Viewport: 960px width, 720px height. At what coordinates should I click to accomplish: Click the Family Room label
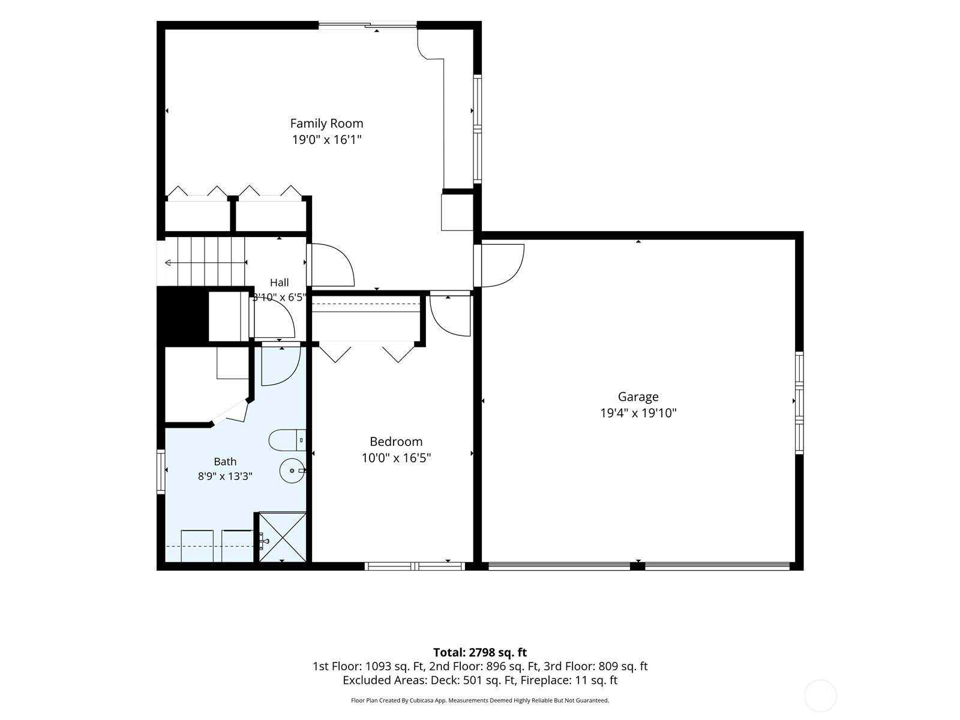327,123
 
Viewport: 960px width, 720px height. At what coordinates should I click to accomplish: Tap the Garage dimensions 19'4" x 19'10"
638,413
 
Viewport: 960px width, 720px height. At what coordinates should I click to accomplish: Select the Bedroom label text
396,441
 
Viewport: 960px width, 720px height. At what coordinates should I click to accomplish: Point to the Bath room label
225,461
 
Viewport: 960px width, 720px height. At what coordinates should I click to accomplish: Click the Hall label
280,283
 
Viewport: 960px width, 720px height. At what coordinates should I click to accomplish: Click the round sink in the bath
292,470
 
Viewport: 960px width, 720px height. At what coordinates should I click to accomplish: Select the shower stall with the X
282,537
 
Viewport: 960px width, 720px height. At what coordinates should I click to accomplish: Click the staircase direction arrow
206,262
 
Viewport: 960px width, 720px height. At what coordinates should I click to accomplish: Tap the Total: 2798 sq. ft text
480,652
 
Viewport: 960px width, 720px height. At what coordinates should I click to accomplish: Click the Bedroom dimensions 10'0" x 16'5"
396,458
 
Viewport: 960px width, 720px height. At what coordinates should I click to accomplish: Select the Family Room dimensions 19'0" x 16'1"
327,140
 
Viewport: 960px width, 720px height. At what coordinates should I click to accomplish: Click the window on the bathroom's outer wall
161,472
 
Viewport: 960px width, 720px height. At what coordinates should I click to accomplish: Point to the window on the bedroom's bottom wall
415,566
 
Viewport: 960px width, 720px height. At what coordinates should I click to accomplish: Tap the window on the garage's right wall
799,403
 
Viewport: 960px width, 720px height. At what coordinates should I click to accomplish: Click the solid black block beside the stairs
183,314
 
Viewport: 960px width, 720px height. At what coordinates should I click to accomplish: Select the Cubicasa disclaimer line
480,700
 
